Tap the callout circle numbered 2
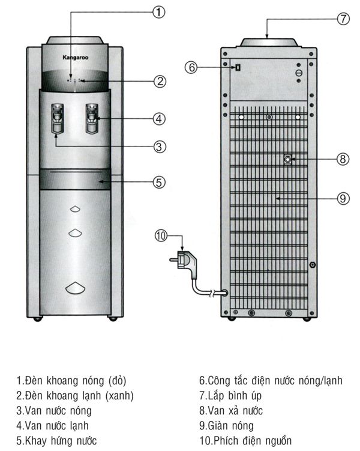(159, 82)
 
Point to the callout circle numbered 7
(343, 18)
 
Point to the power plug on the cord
(184, 262)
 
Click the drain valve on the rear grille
(288, 159)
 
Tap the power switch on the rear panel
(238, 67)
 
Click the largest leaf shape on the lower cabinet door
(74, 288)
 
